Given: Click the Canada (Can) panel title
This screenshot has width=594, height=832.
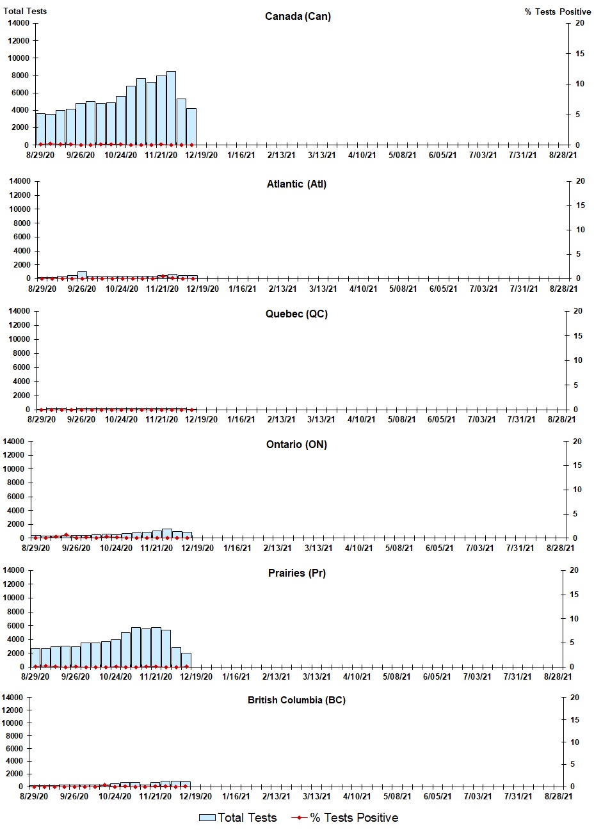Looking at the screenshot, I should [x=298, y=16].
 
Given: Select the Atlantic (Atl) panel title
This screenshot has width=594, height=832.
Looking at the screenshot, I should [x=296, y=184].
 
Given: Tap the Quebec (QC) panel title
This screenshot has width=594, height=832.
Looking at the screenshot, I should [x=296, y=314].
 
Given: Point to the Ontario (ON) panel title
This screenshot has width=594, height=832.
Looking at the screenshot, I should [x=296, y=444].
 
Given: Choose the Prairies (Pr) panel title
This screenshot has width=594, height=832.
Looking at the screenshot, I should [x=296, y=573].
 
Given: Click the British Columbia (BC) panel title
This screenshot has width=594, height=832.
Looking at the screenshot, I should [x=296, y=700].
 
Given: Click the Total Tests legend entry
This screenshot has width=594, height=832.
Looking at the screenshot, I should [x=238, y=818].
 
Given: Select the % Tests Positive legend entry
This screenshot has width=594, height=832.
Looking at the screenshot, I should [x=346, y=818].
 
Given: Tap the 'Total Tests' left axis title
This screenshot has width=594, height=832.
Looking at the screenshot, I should [x=25, y=11].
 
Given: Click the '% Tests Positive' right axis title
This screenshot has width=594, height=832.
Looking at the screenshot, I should [x=558, y=12].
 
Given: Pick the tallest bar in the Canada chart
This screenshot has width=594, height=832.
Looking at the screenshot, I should [x=171, y=108].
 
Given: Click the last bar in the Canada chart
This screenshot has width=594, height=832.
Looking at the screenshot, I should [x=191, y=127].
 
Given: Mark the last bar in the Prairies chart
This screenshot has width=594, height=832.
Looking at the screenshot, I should [x=186, y=660].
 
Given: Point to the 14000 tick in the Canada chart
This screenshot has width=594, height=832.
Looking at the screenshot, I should [x=17, y=23].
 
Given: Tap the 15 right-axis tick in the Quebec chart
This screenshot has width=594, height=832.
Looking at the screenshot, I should [x=577, y=336].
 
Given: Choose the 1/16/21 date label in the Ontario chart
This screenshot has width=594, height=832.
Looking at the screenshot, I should [x=237, y=548].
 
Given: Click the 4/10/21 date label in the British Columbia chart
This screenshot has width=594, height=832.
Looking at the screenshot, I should [x=357, y=796].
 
